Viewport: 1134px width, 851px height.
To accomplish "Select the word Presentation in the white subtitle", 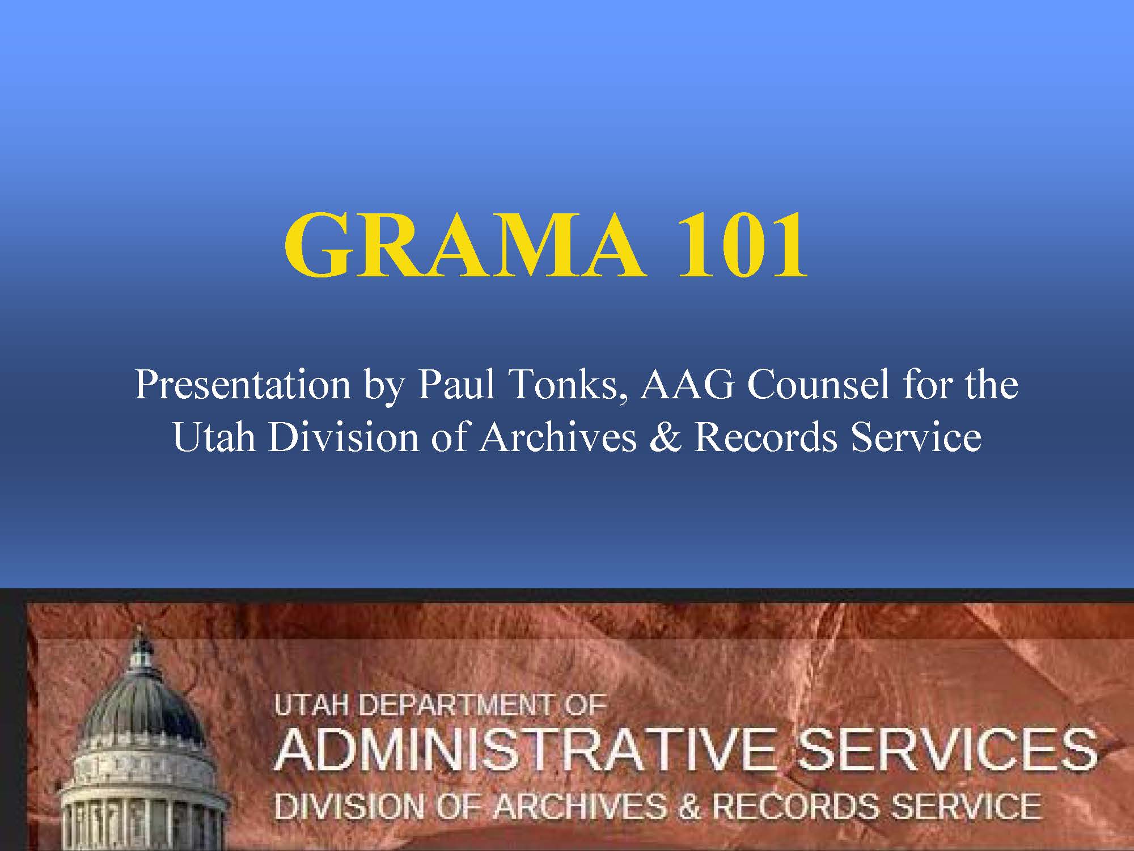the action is pos(243,385).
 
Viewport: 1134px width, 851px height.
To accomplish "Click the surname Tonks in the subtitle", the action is pos(567,386).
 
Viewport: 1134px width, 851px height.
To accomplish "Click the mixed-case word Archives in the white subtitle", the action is pos(558,437).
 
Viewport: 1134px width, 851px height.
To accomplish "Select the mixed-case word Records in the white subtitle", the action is pos(766,437).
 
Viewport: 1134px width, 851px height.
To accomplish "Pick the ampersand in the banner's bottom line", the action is pos(689,806).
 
